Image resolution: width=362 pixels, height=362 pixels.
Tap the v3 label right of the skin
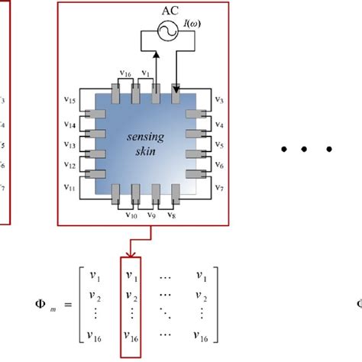pos(217,100)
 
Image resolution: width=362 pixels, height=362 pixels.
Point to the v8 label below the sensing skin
pos(170,216)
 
